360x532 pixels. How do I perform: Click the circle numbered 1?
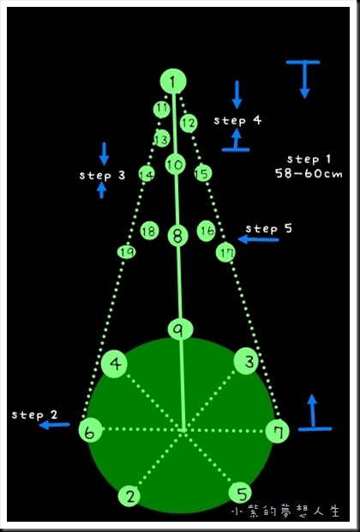(173, 81)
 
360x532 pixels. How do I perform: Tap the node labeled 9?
(180, 329)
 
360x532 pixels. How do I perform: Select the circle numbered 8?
(178, 236)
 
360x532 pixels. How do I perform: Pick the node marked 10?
(175, 164)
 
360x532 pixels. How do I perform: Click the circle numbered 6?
(90, 431)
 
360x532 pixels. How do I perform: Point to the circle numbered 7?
(277, 432)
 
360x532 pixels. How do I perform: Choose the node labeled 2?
(129, 496)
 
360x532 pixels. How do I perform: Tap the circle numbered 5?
(241, 493)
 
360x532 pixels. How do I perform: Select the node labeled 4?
(115, 364)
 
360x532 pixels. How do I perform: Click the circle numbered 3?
(247, 362)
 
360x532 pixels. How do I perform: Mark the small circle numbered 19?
(127, 252)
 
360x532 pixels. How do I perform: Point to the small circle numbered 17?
(225, 253)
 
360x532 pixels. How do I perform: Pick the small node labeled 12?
(189, 123)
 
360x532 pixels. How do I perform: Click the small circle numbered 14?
(147, 175)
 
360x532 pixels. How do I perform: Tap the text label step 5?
(268, 229)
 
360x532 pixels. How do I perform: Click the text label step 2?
(34, 415)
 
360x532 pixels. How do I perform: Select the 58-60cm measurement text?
(309, 174)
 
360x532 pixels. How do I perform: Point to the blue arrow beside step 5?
(258, 240)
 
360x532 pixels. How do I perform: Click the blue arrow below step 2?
(54, 425)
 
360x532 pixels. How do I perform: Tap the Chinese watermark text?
(285, 511)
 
